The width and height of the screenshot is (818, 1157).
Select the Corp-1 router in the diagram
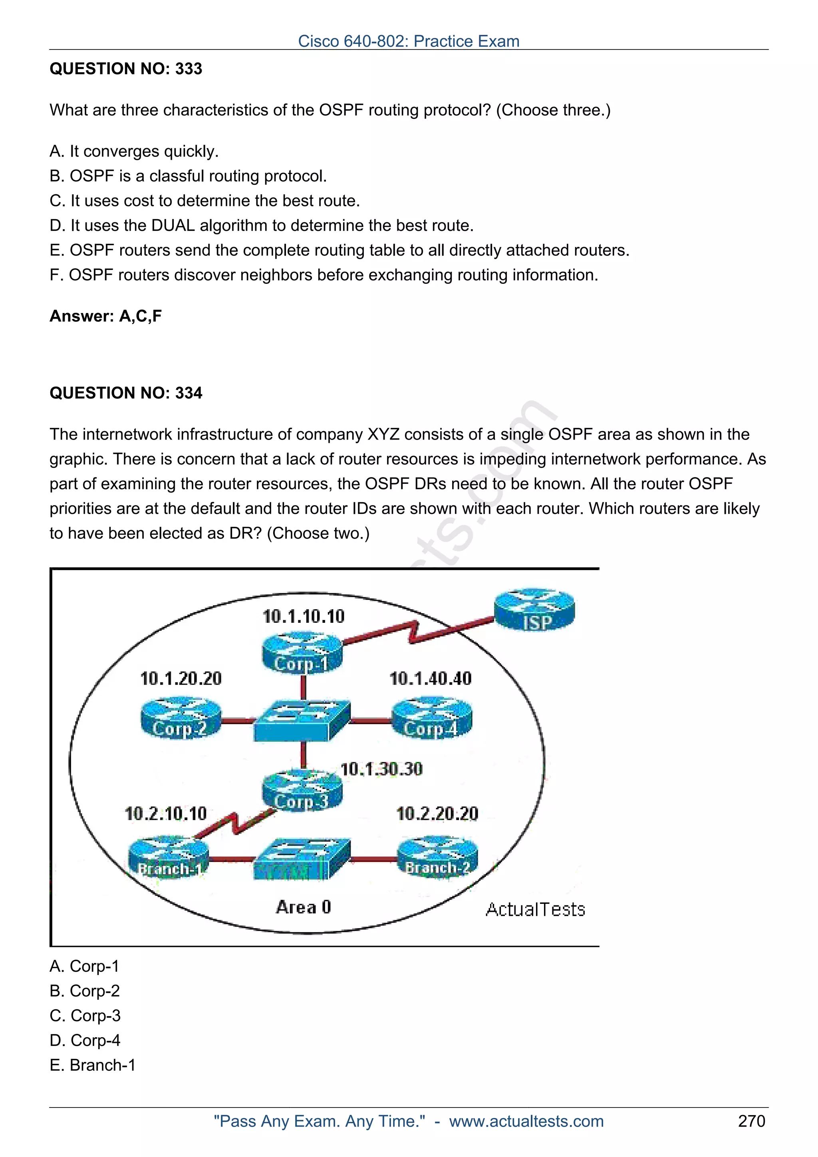(302, 654)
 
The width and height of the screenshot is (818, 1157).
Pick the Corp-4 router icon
(432, 718)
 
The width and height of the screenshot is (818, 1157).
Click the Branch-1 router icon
(169, 858)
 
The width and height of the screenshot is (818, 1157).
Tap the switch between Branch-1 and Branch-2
(302, 860)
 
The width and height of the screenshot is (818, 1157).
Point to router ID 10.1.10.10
(304, 616)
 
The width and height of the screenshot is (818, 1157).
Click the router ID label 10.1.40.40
(431, 679)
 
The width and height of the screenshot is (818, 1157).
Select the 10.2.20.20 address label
(437, 814)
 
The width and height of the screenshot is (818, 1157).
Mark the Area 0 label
(304, 907)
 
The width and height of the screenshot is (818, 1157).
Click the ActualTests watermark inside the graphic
(535, 909)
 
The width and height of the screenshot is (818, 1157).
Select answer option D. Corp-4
(85, 1040)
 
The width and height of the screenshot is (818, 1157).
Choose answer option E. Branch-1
(93, 1065)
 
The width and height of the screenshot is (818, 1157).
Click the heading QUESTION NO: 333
(126, 69)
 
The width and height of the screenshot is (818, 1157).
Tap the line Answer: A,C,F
(106, 316)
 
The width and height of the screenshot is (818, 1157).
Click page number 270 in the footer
(751, 1121)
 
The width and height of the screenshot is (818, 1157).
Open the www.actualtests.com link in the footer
(526, 1121)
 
